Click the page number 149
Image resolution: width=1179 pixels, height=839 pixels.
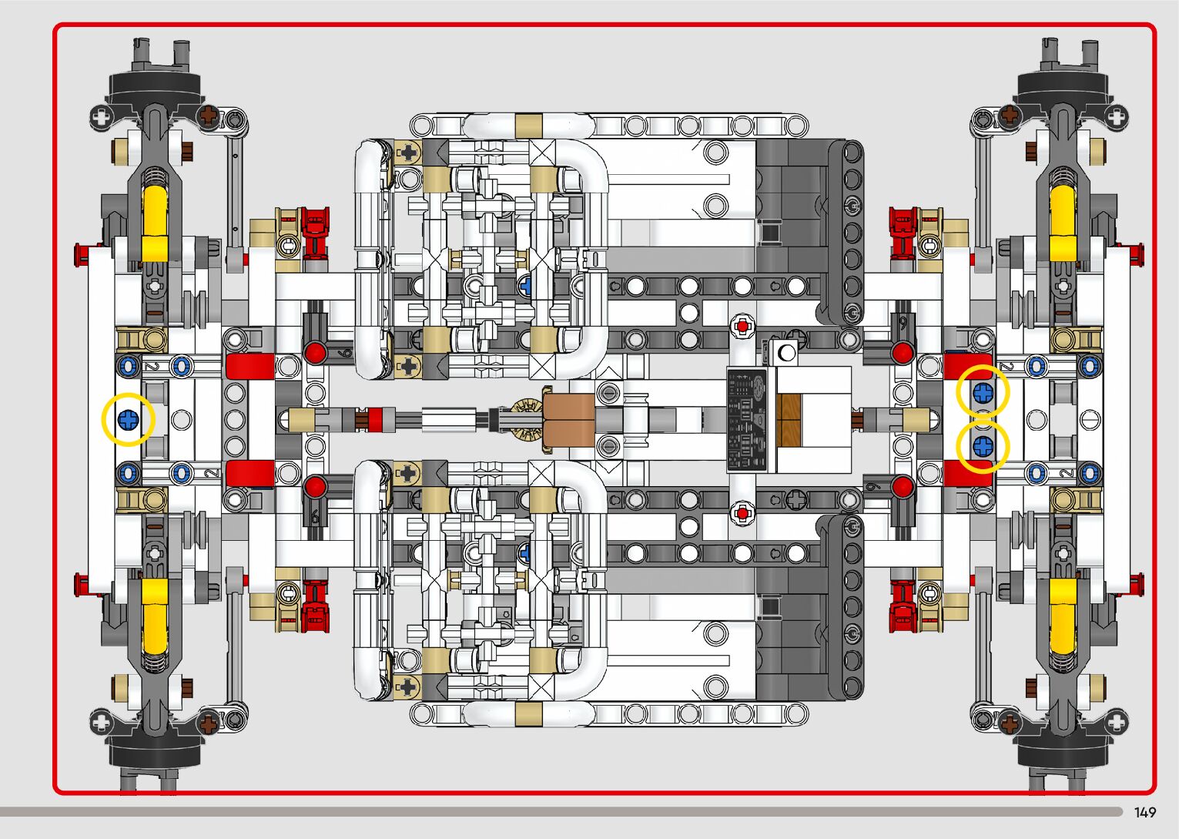click(x=1144, y=813)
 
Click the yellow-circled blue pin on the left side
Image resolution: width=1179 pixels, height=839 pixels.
click(x=128, y=420)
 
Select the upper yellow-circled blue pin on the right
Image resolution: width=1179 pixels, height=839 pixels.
click(x=983, y=393)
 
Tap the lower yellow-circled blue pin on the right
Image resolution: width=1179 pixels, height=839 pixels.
click(x=983, y=446)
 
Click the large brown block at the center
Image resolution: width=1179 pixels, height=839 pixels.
click(x=570, y=419)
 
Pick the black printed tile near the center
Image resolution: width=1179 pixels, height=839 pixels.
click(x=747, y=419)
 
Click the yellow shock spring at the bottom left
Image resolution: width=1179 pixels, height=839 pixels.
click(x=154, y=616)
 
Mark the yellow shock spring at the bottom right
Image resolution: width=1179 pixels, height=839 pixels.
click(x=1062, y=616)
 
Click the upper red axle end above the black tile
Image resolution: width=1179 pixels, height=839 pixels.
click(x=742, y=327)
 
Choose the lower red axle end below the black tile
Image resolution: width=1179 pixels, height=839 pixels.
click(x=742, y=512)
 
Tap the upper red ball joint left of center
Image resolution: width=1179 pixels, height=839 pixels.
click(x=314, y=354)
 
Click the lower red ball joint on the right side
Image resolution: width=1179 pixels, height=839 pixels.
click(x=903, y=485)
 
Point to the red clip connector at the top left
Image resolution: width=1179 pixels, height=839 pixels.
click(x=315, y=232)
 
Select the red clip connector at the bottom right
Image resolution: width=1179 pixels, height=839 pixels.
click(x=903, y=605)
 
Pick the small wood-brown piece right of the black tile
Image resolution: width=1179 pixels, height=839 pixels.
click(x=790, y=420)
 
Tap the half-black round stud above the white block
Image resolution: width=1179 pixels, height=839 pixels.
click(x=786, y=354)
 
